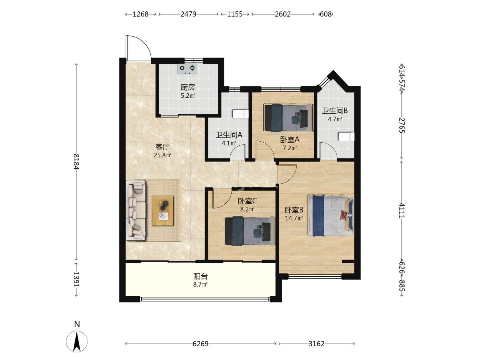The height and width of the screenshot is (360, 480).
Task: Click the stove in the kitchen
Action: tap(187, 69)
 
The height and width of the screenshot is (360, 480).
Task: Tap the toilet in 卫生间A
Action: tap(240, 114)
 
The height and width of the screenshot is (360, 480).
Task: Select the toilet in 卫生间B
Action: tap(346, 136)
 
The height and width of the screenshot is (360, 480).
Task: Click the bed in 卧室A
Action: tap(288, 118)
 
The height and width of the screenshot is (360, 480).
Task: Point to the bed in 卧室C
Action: tap(250, 231)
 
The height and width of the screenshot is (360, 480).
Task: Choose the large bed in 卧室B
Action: tap(331, 216)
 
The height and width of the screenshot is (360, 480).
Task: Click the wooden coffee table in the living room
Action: tap(163, 211)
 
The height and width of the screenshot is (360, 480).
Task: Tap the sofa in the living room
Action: tap(135, 210)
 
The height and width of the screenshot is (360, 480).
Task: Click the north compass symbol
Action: tap(77, 341)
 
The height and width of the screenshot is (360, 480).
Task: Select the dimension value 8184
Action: tap(76, 161)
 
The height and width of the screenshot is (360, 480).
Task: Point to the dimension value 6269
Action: tap(200, 344)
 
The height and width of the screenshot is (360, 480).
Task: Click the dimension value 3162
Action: tap(316, 344)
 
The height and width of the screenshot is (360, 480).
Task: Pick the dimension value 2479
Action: tap(188, 14)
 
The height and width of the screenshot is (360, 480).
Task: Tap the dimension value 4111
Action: tap(402, 211)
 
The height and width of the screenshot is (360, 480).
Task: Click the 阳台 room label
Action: tap(200, 276)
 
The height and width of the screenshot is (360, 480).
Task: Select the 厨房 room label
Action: tap(188, 87)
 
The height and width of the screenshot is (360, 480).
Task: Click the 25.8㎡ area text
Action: tap(163, 155)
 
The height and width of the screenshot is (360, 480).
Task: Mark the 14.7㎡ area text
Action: tap(294, 218)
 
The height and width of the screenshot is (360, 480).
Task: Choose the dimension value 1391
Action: tap(76, 279)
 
